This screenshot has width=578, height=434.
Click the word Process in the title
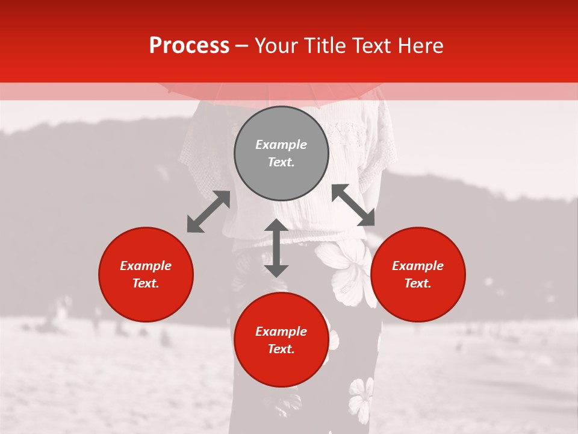tap(189, 46)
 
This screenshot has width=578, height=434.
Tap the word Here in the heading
tap(420, 46)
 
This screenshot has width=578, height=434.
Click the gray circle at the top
tap(281, 154)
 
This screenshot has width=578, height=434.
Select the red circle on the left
tap(146, 275)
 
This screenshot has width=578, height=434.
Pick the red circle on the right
tap(418, 275)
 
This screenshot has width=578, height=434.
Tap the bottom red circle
tap(281, 340)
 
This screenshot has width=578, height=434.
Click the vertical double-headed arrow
tap(276, 248)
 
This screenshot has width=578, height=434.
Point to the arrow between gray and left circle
tap(208, 212)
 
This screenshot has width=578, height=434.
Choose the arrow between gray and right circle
tap(353, 205)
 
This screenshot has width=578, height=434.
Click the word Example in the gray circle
tap(281, 145)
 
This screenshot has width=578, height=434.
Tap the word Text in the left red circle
tap(146, 283)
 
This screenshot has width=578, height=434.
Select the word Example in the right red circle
tap(418, 266)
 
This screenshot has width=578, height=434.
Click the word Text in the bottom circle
tap(281, 349)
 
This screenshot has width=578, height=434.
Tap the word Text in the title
tap(371, 46)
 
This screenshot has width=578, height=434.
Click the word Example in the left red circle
tap(146, 266)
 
